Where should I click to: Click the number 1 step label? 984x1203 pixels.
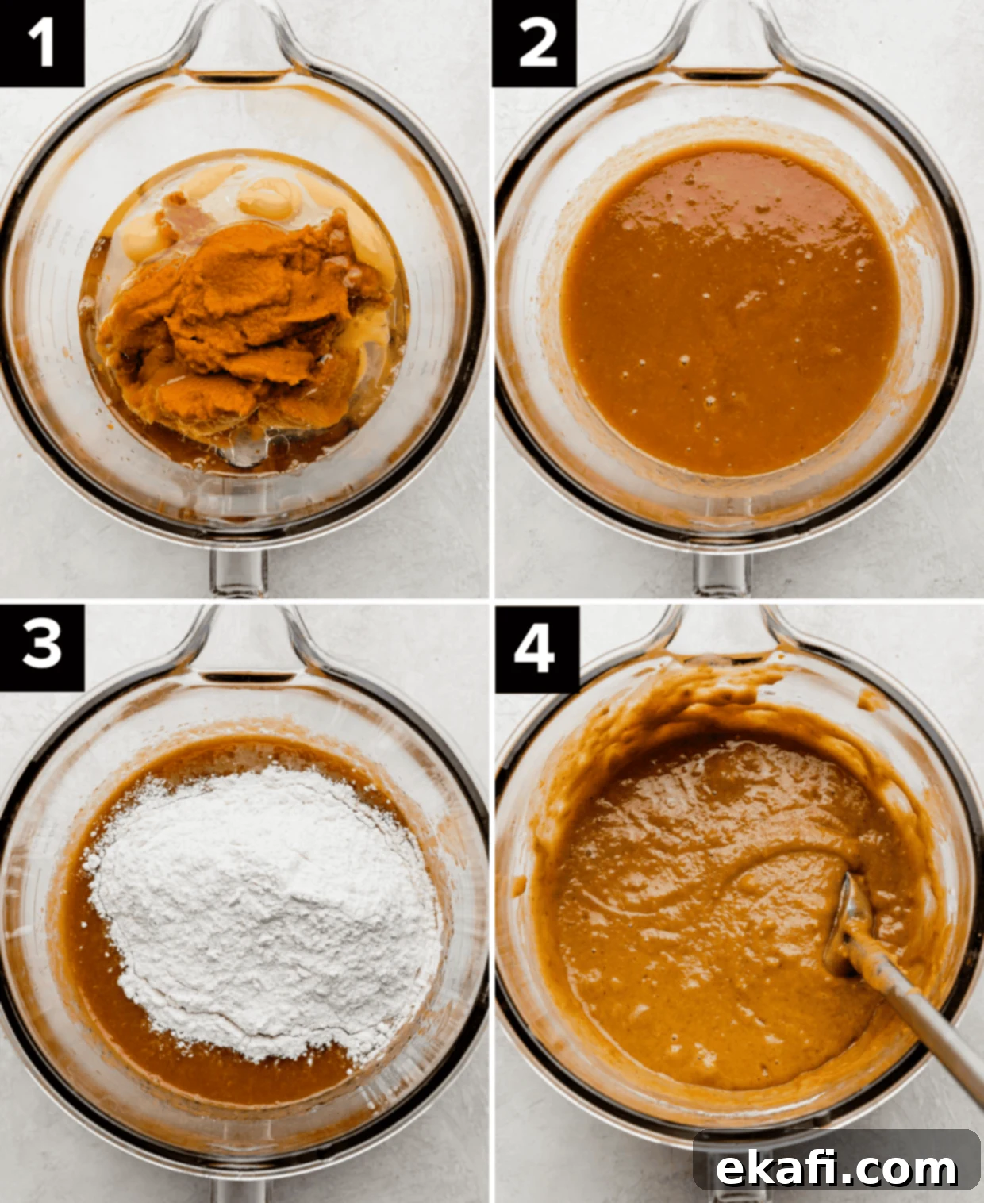click(41, 43)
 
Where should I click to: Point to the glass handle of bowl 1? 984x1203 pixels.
click(238, 571)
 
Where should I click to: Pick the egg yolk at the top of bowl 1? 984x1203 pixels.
click(269, 197)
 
